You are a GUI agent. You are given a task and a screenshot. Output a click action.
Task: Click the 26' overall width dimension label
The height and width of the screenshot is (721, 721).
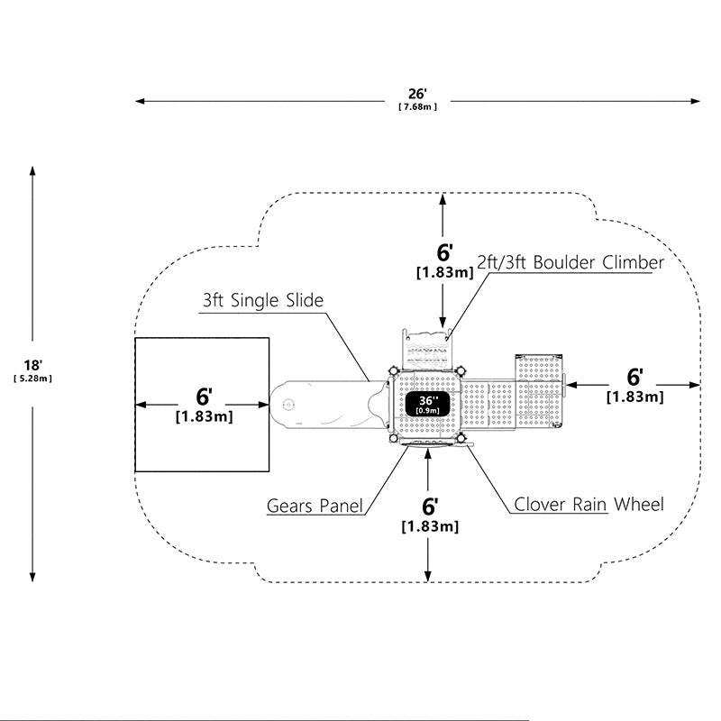tap(417, 94)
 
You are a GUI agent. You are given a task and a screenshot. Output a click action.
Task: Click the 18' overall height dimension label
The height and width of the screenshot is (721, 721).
tap(33, 365)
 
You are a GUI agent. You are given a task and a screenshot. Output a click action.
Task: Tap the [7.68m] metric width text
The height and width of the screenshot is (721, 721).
tap(417, 107)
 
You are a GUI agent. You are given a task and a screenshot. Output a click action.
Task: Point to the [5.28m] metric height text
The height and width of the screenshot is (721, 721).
tap(32, 379)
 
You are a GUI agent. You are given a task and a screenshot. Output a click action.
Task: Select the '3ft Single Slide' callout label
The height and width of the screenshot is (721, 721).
tap(263, 300)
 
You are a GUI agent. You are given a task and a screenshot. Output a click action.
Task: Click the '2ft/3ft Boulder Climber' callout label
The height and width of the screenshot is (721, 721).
tap(570, 262)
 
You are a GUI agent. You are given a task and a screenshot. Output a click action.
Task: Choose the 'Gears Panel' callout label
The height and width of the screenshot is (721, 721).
tap(315, 506)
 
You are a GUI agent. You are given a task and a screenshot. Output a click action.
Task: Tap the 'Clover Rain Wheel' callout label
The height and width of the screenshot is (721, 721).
tap(589, 505)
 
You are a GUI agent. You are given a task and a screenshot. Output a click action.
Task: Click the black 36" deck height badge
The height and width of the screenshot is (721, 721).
tap(427, 404)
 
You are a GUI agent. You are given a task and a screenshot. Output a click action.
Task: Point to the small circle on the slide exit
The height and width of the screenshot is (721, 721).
tap(288, 405)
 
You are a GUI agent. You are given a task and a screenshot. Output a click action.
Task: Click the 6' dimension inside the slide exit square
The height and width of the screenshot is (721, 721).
tap(205, 397)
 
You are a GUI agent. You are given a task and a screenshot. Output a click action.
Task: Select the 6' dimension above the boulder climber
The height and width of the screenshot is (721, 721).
tap(444, 252)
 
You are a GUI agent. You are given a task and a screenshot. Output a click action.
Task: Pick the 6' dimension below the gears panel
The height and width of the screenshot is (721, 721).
tap(430, 507)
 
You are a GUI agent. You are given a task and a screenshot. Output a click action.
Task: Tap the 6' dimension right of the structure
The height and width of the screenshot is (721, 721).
tap(635, 377)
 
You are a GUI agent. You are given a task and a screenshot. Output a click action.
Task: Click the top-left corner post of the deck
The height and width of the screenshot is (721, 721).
tap(393, 370)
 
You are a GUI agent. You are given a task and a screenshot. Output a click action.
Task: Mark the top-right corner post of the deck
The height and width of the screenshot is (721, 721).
tap(460, 370)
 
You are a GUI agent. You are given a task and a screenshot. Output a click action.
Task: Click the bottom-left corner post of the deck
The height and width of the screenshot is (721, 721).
tap(393, 438)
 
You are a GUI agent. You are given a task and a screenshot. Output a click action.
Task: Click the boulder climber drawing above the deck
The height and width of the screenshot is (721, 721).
tap(426, 349)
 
